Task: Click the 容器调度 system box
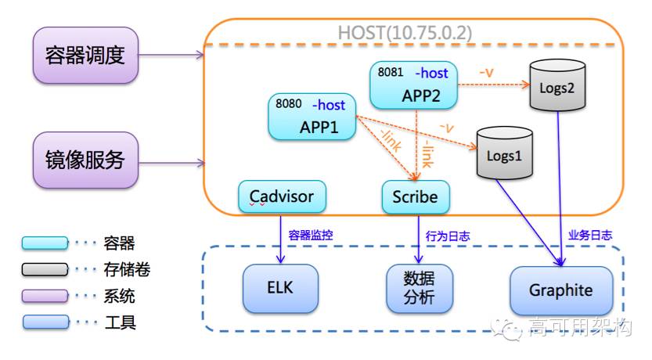85,56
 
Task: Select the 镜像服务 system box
85,160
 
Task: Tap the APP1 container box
312,117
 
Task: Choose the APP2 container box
414,85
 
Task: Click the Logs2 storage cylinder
557,85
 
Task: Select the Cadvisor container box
282,196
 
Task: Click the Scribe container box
416,196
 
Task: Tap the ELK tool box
281,288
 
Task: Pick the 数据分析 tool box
420,288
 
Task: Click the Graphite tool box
561,290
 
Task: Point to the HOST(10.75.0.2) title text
405,33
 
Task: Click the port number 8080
289,103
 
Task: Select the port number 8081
391,72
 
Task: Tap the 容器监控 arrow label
311,236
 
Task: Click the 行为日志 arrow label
448,236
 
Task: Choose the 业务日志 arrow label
590,236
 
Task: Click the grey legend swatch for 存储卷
45,269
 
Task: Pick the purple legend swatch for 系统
45,296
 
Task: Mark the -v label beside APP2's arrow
486,73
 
